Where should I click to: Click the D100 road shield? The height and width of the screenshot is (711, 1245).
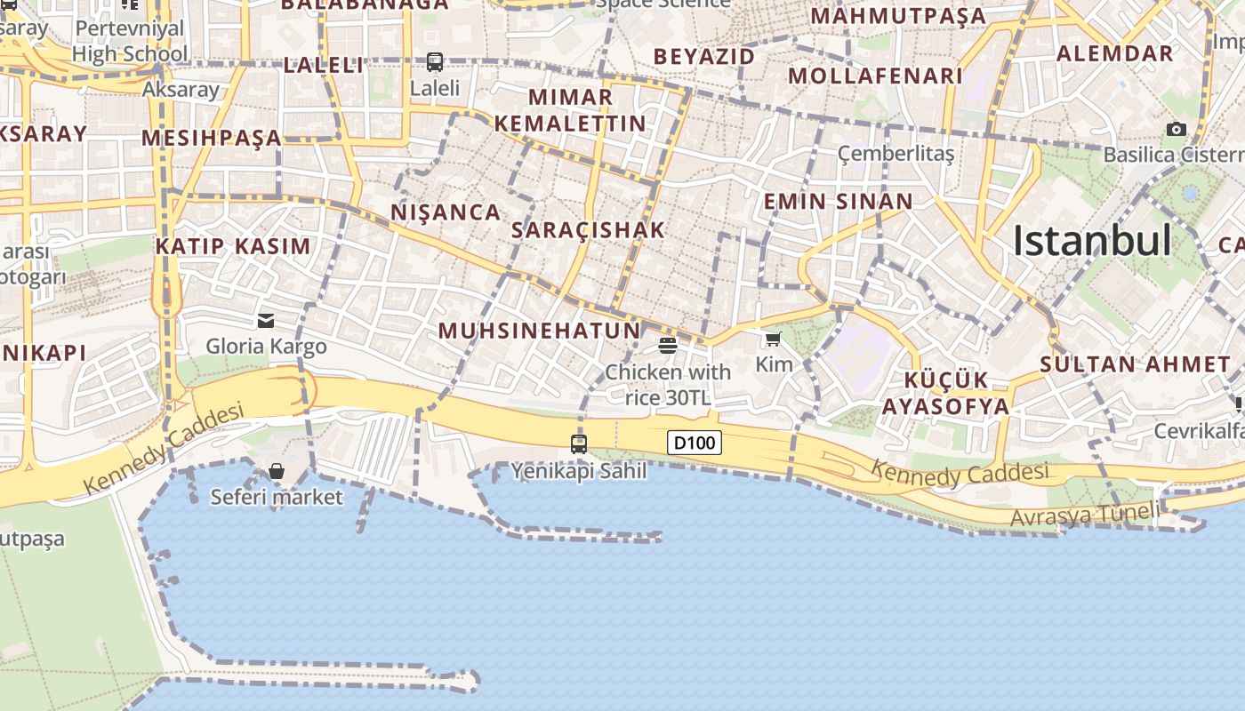click(694, 443)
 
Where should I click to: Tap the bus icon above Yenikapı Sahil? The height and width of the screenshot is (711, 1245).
click(579, 443)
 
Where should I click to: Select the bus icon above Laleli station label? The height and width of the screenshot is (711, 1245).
click(435, 62)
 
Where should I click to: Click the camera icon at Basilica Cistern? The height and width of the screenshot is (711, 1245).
click(1177, 130)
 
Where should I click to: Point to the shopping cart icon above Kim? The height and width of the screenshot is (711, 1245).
click(773, 339)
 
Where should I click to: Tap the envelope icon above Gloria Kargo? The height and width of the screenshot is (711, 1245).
click(266, 320)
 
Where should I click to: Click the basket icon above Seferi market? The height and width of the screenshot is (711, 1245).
click(277, 471)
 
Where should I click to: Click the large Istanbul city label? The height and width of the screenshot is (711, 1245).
click(1092, 241)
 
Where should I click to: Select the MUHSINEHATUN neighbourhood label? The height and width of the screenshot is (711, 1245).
click(539, 332)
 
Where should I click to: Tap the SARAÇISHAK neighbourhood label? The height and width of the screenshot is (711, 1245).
click(588, 230)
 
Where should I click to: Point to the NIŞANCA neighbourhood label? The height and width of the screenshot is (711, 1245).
click(446, 212)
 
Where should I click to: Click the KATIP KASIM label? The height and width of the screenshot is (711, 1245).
click(233, 247)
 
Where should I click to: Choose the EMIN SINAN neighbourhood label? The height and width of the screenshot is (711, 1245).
click(839, 202)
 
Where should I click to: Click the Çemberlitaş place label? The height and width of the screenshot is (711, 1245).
click(896, 154)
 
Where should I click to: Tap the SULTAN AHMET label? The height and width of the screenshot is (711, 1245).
click(1135, 363)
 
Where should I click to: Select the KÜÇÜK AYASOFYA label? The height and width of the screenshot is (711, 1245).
click(945, 394)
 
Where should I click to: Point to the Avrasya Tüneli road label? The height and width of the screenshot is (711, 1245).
click(1085, 515)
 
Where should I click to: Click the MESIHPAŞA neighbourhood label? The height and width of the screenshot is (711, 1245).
click(211, 138)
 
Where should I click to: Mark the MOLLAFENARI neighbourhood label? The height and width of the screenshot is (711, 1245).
click(875, 76)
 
